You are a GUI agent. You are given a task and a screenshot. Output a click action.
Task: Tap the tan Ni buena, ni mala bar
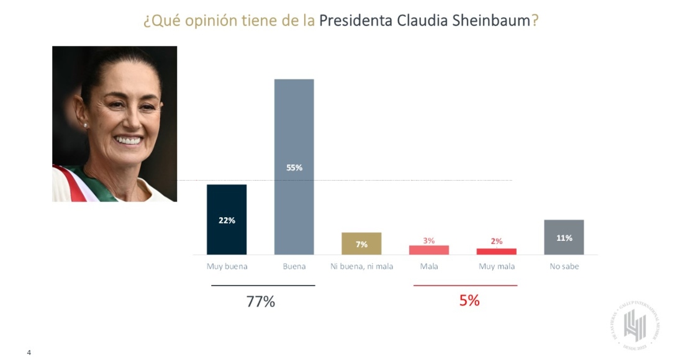[x=361, y=243]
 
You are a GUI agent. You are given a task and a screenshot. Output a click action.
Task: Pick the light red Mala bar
[x=429, y=250]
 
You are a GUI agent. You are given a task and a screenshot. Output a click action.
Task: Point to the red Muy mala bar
[x=497, y=251]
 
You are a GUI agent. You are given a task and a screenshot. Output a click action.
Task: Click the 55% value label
[x=294, y=168]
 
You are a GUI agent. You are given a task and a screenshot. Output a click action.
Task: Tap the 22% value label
[x=227, y=220]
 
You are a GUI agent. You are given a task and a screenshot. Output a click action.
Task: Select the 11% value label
[x=564, y=238]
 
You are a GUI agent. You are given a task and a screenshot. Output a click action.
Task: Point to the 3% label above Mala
[x=429, y=240]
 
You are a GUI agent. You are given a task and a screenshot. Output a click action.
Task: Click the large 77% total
[x=261, y=302]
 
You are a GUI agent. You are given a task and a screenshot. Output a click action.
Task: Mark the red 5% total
[x=469, y=300]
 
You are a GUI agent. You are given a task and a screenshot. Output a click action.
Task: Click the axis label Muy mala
[x=497, y=267]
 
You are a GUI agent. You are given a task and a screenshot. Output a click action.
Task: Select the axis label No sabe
[x=564, y=267]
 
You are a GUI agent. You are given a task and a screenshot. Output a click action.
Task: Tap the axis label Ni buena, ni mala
[x=361, y=267]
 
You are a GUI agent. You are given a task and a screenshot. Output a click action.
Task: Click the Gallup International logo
[x=635, y=326]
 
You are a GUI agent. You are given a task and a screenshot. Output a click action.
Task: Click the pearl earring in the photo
[x=86, y=125]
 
